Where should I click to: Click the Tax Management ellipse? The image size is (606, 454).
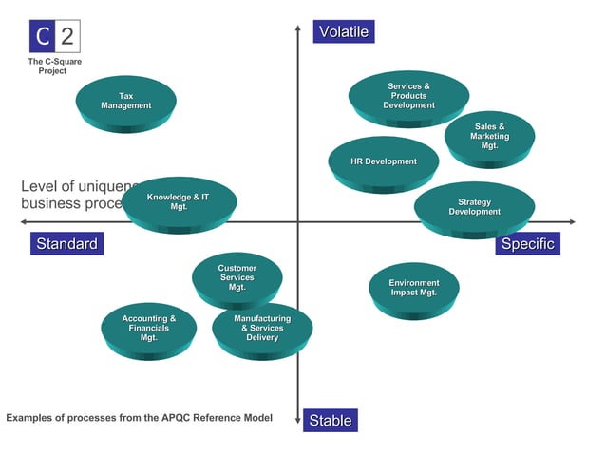[125, 100]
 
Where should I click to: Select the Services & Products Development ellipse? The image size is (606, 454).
[408, 96]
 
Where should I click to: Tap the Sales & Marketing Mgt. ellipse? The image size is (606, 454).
[489, 136]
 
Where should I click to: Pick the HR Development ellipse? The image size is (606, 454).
[383, 161]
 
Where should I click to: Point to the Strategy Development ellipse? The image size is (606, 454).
[474, 206]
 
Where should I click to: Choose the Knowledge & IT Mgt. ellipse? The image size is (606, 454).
[179, 201]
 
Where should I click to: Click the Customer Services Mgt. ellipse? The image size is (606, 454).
[237, 277]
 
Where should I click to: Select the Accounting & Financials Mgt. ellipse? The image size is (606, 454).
[148, 328]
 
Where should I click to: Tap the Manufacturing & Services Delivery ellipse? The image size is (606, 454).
[262, 328]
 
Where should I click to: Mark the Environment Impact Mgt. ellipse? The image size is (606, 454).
[414, 288]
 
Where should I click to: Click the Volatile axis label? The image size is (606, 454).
[342, 32]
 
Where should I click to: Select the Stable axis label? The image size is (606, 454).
[330, 420]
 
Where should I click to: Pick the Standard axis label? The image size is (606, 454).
[66, 244]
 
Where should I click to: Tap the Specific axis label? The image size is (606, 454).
[527, 244]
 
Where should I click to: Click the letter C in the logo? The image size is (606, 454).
[43, 38]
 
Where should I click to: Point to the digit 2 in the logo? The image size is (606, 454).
[67, 38]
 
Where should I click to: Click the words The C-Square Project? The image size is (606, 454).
[53, 66]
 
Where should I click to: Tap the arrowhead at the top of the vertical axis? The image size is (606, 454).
[298, 28]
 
